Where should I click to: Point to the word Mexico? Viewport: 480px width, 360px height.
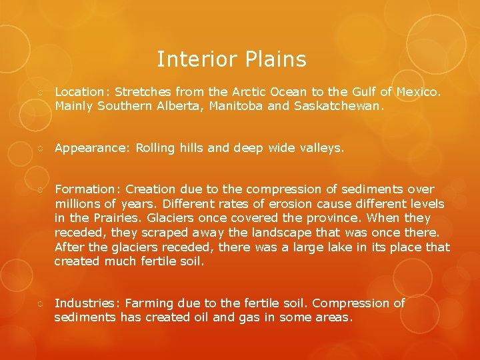click(419, 91)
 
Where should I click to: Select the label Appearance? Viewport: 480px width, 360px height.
click(93, 148)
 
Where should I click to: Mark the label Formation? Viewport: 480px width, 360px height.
click(87, 189)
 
